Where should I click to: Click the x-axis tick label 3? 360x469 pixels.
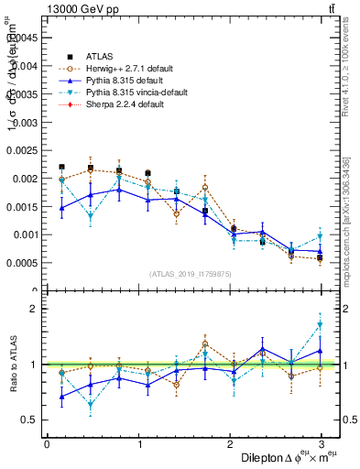[x=321, y=444]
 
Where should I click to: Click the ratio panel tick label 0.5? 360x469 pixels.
[x=28, y=420]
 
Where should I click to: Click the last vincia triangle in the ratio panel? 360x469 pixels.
[x=321, y=325]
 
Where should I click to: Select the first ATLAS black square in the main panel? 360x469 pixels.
[x=61, y=167]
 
